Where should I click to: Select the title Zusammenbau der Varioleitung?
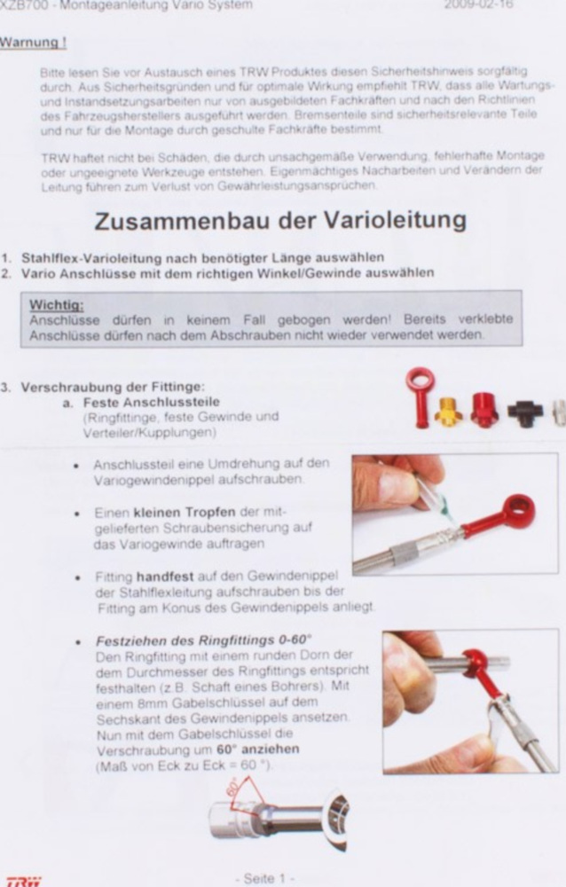[280, 219]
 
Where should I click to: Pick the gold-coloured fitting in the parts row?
[448, 411]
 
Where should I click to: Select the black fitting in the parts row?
[525, 412]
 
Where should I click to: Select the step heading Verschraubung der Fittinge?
[113, 387]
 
